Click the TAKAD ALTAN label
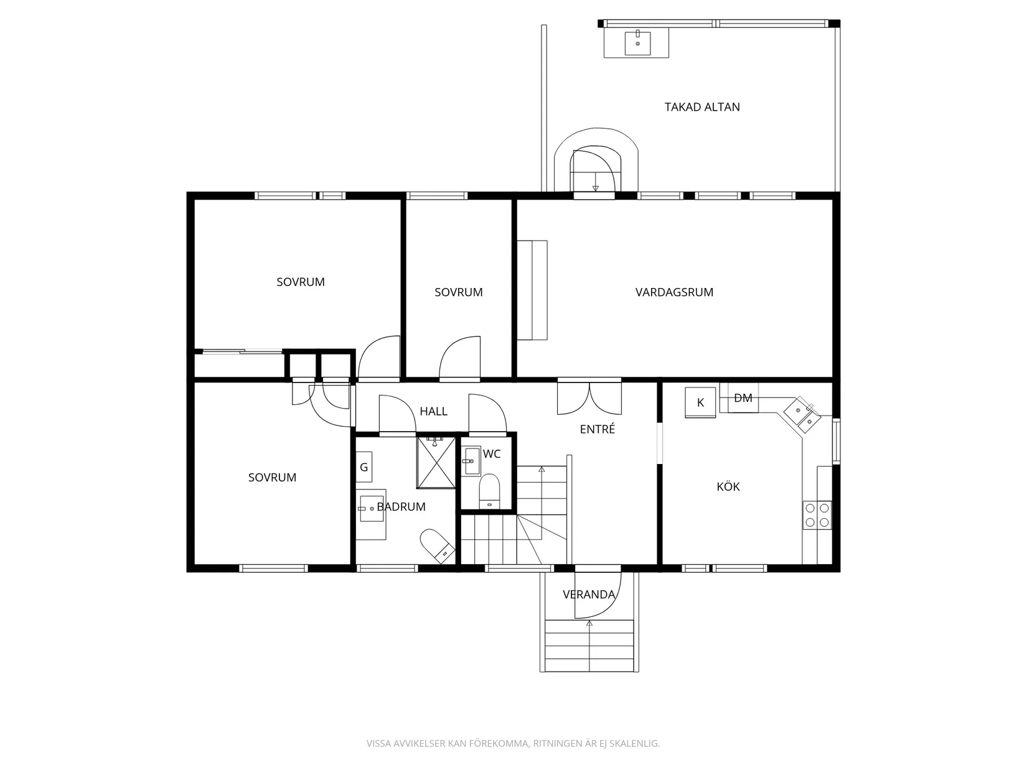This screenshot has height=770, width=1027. pyautogui.click(x=702, y=107)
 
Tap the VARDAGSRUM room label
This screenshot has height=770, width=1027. pyautogui.click(x=674, y=292)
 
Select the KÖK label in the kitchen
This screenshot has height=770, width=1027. pyautogui.click(x=728, y=486)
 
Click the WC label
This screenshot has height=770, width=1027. pyautogui.click(x=492, y=454)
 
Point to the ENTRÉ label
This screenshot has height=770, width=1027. pyautogui.click(x=597, y=429)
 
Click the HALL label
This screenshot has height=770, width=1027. pyautogui.click(x=433, y=411)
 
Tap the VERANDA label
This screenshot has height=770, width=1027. pyautogui.click(x=589, y=595)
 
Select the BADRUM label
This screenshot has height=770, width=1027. pyautogui.click(x=401, y=507)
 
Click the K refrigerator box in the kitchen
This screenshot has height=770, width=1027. pyautogui.click(x=700, y=402)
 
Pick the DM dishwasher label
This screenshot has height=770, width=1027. pyautogui.click(x=743, y=398)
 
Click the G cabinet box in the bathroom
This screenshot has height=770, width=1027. pyautogui.click(x=364, y=466)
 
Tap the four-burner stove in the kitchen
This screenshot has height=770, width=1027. pyautogui.click(x=817, y=515)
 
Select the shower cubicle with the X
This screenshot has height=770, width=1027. pyautogui.click(x=436, y=463)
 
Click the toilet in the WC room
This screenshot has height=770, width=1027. pyautogui.click(x=489, y=491)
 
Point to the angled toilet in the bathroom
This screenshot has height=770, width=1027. pyautogui.click(x=438, y=546)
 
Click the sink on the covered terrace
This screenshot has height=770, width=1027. pyautogui.click(x=638, y=42)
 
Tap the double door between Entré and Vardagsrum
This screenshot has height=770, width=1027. pyautogui.click(x=589, y=397)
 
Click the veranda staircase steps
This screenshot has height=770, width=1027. pyautogui.click(x=589, y=645)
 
